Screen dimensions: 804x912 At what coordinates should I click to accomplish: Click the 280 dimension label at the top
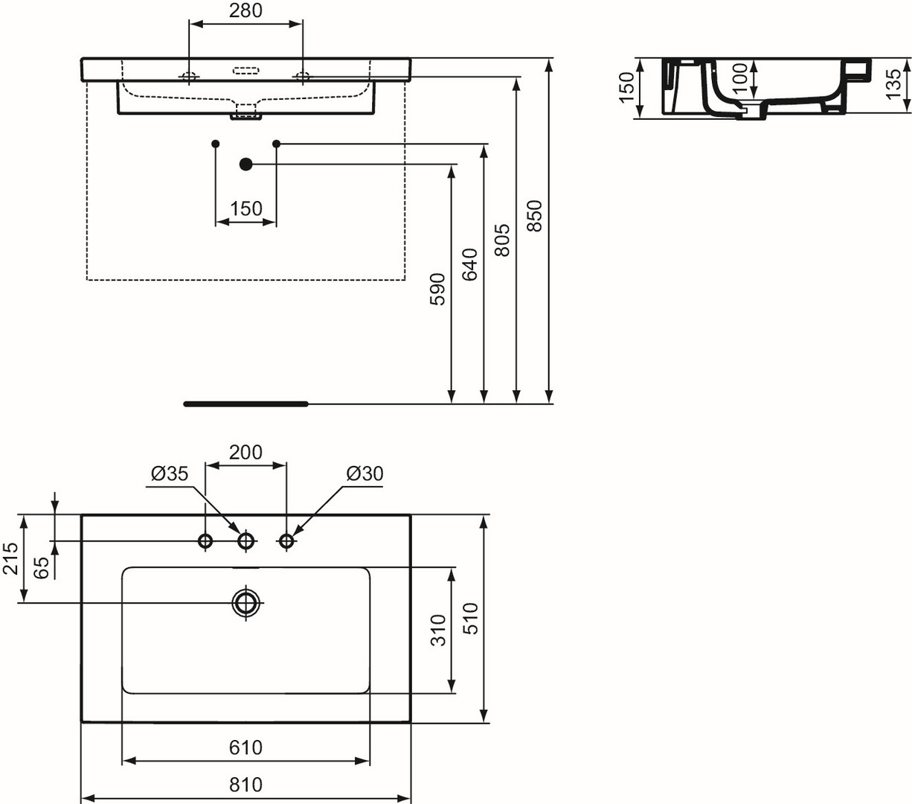(x=245, y=10)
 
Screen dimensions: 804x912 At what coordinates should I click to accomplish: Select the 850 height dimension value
(x=535, y=216)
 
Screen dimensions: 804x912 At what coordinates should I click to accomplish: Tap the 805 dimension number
(x=502, y=240)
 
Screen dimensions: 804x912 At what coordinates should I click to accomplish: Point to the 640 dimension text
(x=470, y=264)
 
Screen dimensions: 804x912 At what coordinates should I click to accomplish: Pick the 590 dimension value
(x=438, y=289)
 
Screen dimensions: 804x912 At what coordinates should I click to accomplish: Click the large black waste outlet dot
(x=245, y=164)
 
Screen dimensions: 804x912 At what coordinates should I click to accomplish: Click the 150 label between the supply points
(x=245, y=209)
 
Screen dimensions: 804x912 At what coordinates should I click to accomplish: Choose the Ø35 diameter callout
(x=170, y=474)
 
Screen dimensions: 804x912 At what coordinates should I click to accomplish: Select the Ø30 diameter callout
(x=365, y=474)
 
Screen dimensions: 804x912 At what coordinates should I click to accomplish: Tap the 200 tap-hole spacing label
(x=245, y=453)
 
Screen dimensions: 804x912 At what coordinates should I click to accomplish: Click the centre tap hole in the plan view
(x=245, y=541)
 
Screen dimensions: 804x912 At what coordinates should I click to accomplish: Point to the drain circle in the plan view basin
(x=245, y=602)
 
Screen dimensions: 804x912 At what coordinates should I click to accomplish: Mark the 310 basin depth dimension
(x=438, y=630)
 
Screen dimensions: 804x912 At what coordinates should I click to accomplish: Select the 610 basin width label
(x=245, y=747)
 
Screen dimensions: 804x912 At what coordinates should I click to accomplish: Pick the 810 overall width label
(x=245, y=785)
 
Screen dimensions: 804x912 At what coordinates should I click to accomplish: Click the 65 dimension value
(x=42, y=567)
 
